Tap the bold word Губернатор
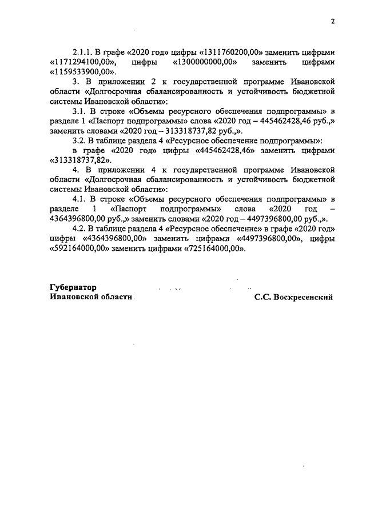[74, 287]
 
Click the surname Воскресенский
[304, 298]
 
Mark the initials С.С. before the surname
[264, 298]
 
